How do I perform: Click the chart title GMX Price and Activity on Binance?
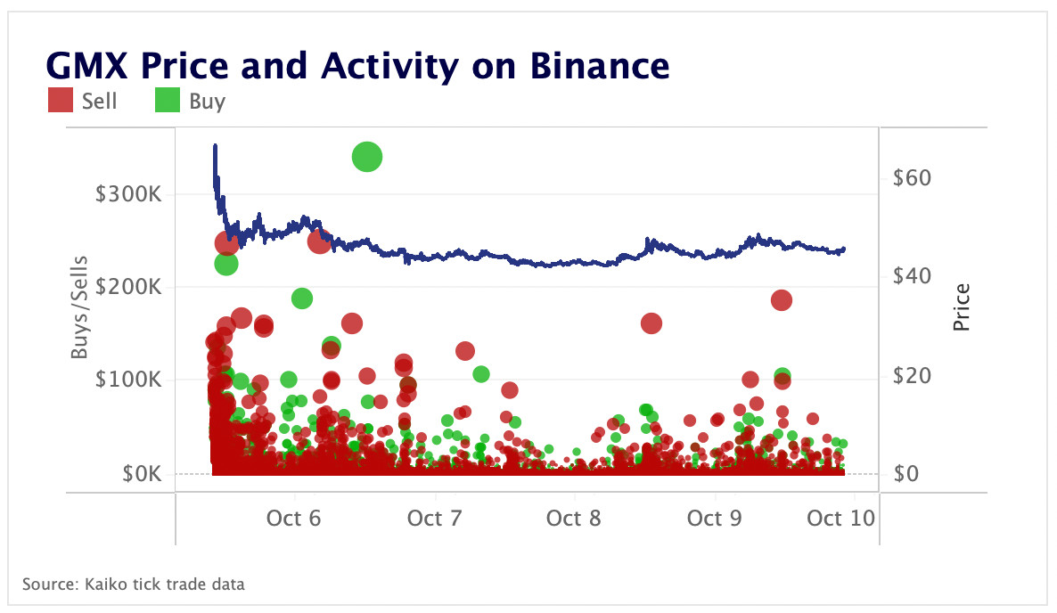[356, 66]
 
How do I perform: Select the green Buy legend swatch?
[168, 101]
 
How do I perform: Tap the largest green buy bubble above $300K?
[367, 158]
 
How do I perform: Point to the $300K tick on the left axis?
[128, 194]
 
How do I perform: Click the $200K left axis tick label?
[128, 287]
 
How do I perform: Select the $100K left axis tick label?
[128, 380]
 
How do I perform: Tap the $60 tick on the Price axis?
[911, 178]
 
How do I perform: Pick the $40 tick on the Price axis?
[911, 277]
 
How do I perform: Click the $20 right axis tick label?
[911, 376]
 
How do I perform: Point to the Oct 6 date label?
[293, 518]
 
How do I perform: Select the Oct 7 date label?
[434, 518]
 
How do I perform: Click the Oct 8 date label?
[574, 518]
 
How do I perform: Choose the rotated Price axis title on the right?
[961, 307]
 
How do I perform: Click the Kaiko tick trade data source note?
[134, 584]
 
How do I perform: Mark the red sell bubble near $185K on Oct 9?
[781, 300]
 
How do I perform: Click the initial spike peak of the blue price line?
[215, 145]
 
